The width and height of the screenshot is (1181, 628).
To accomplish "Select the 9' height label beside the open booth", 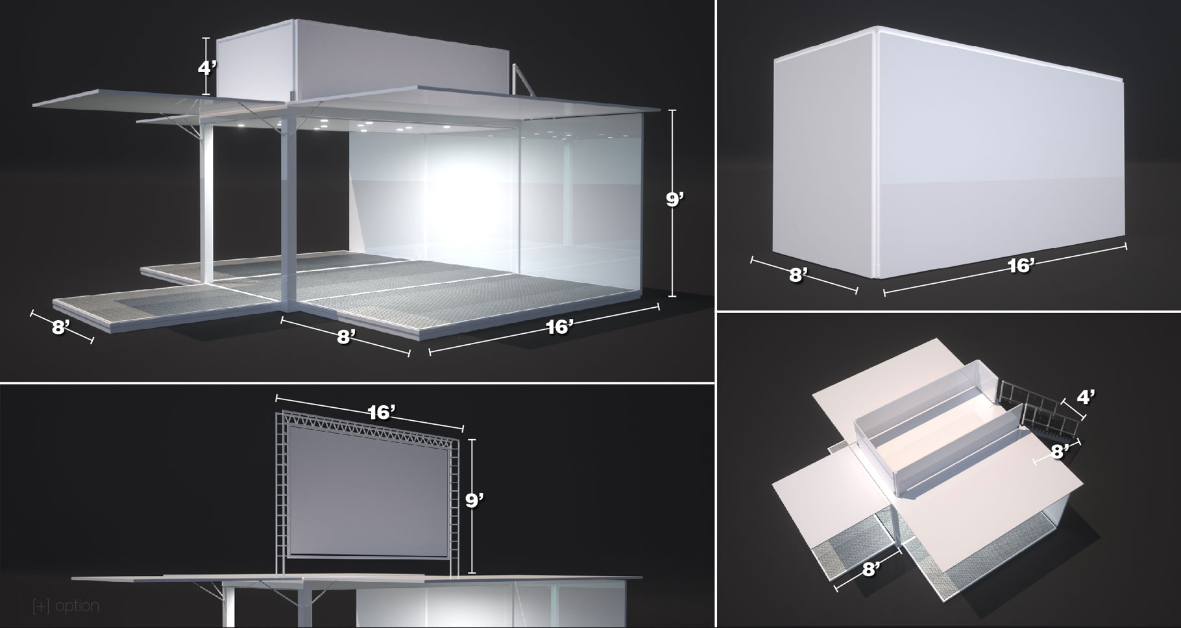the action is [675, 199].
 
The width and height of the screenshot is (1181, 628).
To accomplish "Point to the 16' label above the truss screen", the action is [382, 413].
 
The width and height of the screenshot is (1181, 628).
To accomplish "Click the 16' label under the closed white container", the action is [1021, 264].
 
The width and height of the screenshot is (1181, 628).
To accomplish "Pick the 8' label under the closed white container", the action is [797, 275].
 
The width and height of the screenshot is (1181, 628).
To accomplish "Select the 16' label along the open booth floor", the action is [559, 327].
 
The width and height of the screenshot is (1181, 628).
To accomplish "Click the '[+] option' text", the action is [66, 606].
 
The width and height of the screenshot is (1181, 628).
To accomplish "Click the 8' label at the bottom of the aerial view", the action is [871, 569].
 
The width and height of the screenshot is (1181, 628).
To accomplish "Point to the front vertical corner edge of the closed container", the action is [875, 153].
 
